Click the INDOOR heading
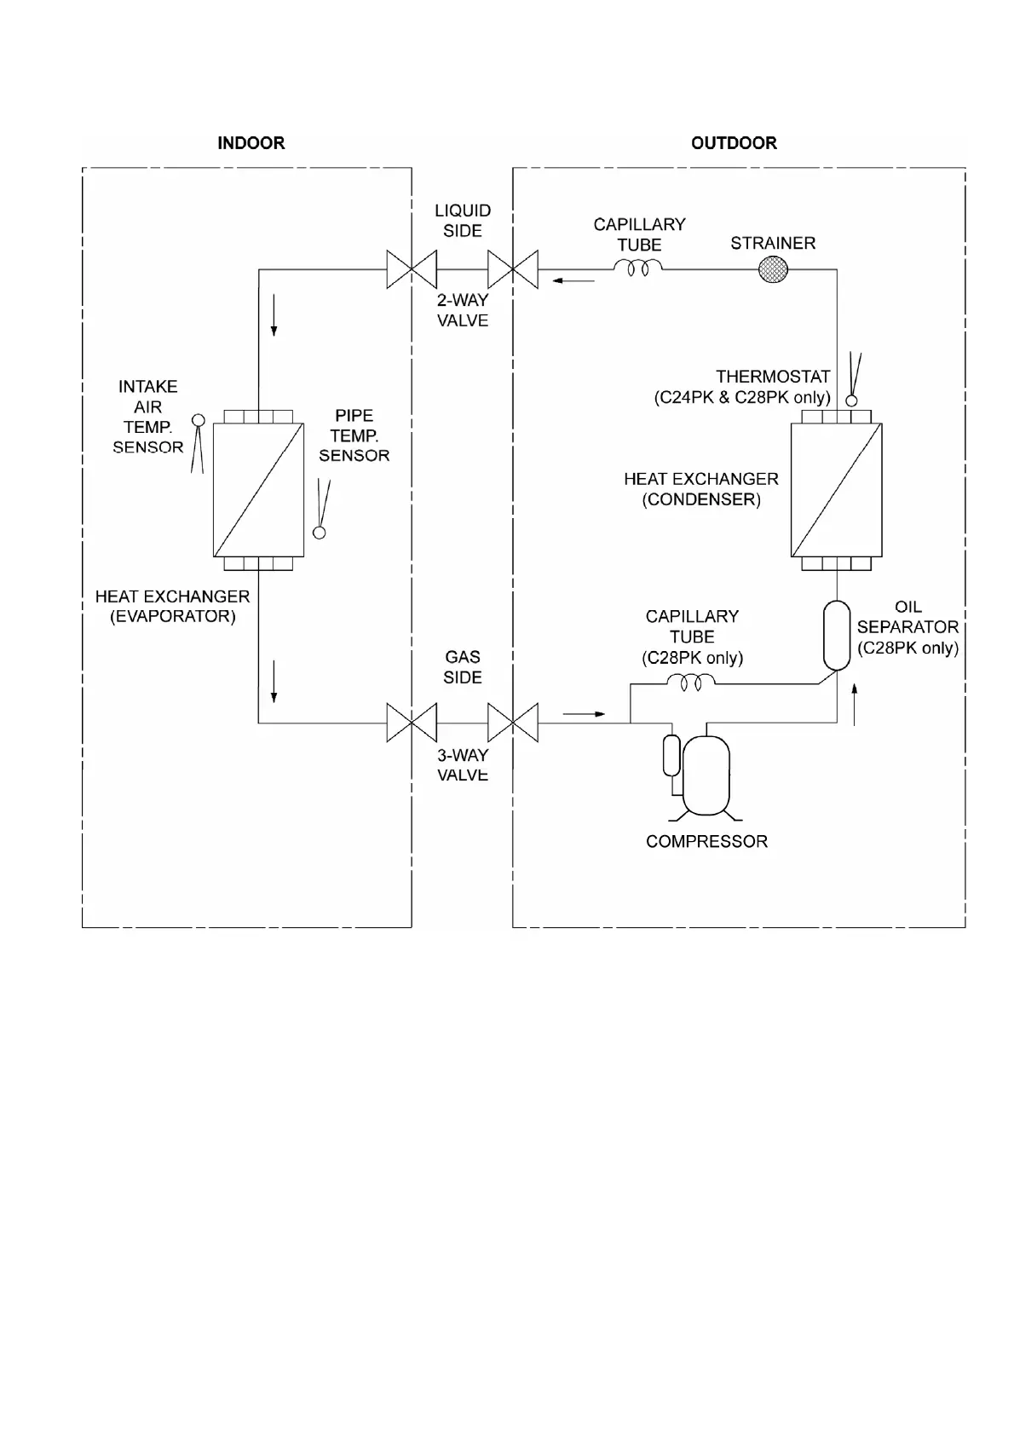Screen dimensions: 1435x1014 [251, 143]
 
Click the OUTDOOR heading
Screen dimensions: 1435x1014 [734, 143]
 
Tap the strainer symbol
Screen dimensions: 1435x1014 [773, 270]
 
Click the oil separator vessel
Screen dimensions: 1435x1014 [837, 635]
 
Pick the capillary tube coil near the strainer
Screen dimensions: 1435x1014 [638, 269]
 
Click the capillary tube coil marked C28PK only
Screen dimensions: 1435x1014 [690, 682]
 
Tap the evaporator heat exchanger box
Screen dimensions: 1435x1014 [258, 490]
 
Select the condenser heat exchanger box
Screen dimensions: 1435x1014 [836, 490]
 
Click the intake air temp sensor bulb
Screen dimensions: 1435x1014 [198, 419]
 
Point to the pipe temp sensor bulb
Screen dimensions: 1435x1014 [320, 533]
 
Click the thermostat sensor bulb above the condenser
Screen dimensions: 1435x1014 [850, 401]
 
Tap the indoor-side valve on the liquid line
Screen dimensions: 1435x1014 [412, 270]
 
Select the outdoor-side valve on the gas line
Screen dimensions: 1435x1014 [513, 723]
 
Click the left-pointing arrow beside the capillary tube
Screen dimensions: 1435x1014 [573, 280]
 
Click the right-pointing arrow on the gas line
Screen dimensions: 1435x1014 [584, 713]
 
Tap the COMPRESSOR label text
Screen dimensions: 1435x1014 [706, 841]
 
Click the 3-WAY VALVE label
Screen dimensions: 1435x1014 [463, 765]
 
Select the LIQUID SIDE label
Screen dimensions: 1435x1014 [463, 221]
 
